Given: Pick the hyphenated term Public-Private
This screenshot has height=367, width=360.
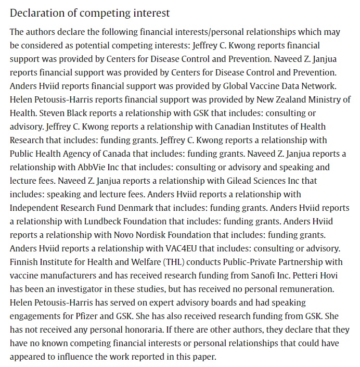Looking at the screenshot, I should pos(250,262).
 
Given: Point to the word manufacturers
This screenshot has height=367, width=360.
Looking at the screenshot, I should pos(62,275).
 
